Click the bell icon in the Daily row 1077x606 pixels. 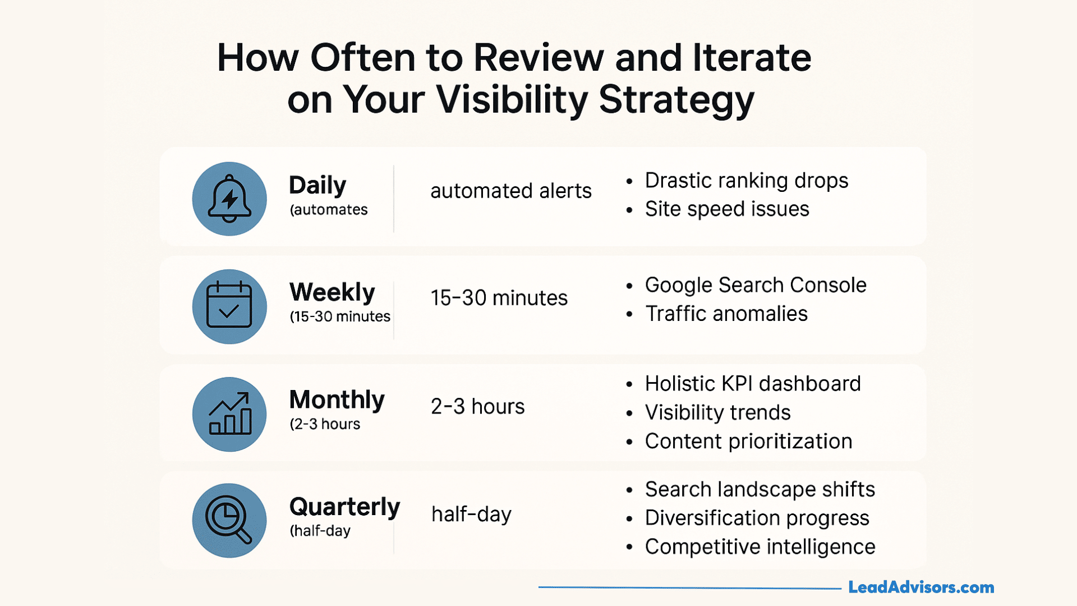point(229,199)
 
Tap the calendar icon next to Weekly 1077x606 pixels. point(229,306)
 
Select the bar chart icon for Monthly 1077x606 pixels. point(229,414)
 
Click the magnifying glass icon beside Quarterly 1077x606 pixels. point(229,521)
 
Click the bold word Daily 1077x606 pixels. point(317,185)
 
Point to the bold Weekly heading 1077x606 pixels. point(332,292)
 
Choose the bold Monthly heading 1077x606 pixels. point(337,400)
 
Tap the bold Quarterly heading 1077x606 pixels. point(344,507)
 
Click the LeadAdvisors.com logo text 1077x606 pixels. point(921,587)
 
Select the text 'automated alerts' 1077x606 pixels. point(510,191)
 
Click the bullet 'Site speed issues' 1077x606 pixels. point(726,209)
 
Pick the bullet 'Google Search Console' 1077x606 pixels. point(755,285)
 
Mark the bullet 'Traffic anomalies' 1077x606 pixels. point(726,314)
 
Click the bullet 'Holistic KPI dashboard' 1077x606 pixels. point(752,384)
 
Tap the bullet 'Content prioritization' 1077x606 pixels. point(748,442)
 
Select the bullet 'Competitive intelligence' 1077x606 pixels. point(760,547)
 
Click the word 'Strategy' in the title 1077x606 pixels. point(676,100)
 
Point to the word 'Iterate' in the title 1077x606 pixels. point(752,58)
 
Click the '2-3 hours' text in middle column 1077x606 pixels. point(477,406)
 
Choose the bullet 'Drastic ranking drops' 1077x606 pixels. point(746,181)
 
